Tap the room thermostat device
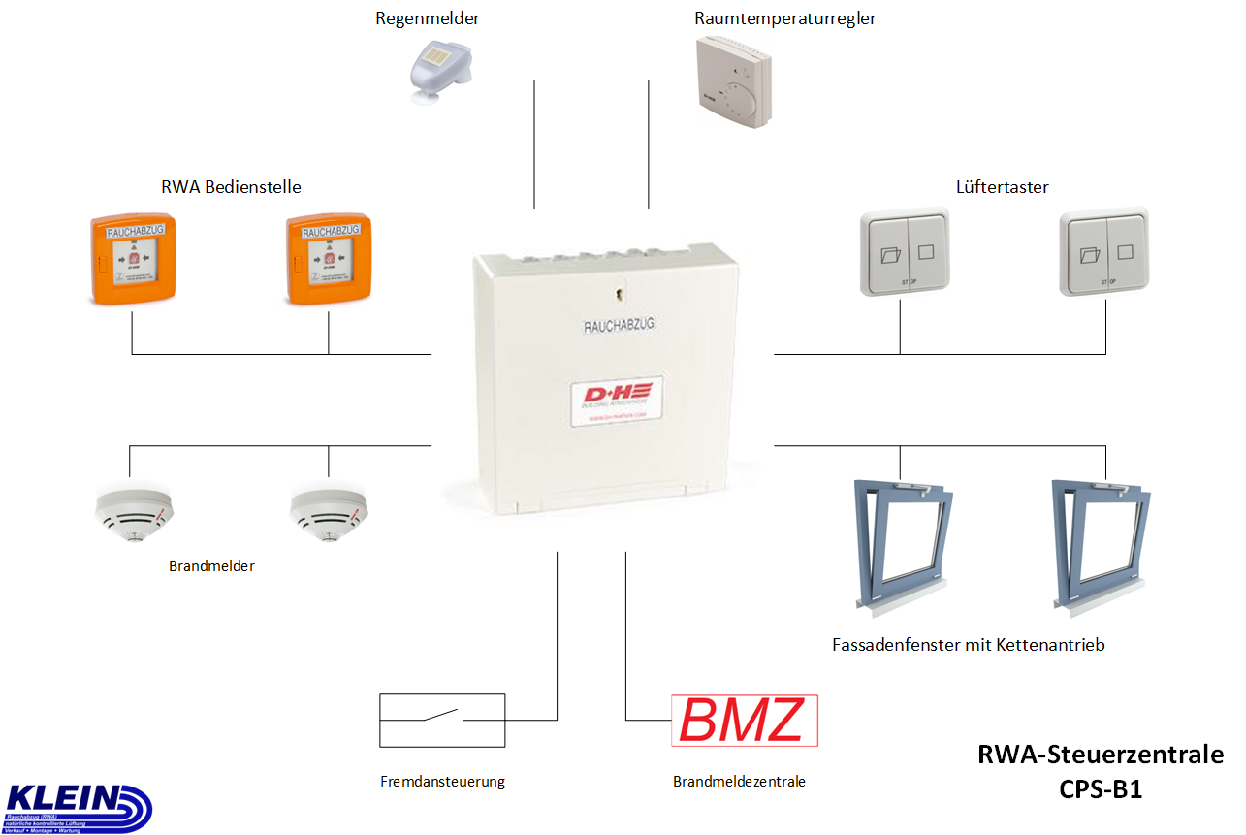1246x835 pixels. [x=734, y=81]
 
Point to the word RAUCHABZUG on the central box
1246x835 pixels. [x=620, y=327]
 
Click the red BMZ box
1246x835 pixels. [x=744, y=721]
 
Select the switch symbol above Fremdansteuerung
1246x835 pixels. [x=442, y=720]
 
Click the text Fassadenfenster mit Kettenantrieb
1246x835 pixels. [x=968, y=645]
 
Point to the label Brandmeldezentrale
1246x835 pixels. [x=739, y=782]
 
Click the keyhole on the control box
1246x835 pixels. [x=617, y=290]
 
